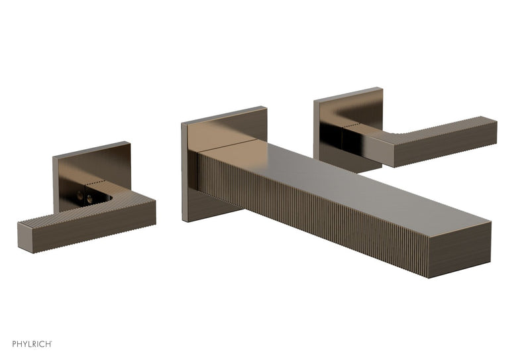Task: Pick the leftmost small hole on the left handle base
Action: (78, 196)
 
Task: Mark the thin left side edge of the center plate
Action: (184, 172)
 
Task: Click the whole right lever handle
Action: (424, 139)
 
